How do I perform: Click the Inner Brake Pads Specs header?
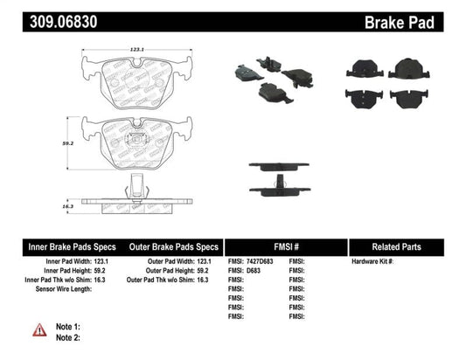coord(64,246)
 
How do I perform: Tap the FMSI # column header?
coord(286,246)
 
